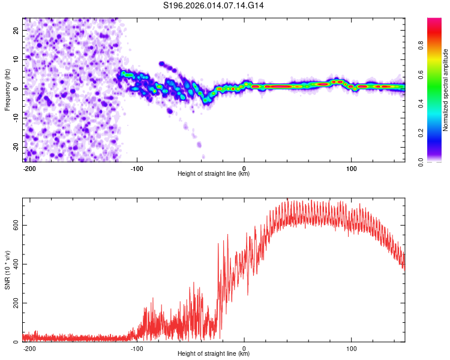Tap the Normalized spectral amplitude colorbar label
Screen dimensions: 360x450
pos(445,90)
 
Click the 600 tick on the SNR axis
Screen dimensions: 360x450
pos(14,225)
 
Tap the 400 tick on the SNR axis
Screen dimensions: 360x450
pos(14,264)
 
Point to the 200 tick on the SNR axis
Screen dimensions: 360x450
pos(14,303)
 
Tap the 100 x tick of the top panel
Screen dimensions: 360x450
pos(351,167)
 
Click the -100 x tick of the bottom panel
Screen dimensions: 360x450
pos(137,348)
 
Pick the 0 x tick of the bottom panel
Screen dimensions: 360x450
pos(244,348)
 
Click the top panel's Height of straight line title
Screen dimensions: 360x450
pos(214,174)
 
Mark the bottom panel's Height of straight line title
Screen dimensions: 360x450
pos(214,355)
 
